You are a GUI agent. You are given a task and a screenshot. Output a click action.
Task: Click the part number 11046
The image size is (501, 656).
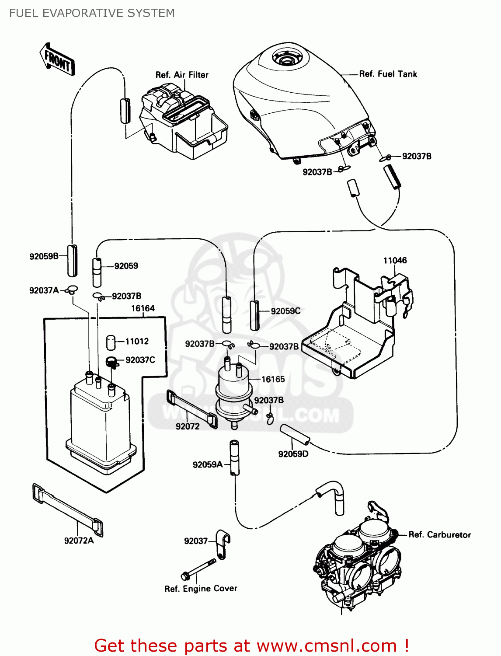click(395, 261)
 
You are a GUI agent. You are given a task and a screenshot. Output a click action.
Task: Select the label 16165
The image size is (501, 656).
click(273, 379)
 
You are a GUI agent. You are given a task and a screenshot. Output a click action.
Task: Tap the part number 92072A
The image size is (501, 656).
click(79, 541)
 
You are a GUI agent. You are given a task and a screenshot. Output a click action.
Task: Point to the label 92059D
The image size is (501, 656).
click(293, 454)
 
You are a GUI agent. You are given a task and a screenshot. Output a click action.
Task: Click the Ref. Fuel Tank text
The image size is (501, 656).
click(388, 74)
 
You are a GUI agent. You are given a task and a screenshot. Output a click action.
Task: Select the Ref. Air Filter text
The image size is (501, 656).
click(182, 75)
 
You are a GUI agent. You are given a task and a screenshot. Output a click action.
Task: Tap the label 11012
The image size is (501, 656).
click(137, 341)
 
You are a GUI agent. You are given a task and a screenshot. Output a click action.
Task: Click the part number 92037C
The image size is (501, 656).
click(140, 360)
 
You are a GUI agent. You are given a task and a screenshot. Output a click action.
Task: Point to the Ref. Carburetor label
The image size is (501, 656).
click(439, 534)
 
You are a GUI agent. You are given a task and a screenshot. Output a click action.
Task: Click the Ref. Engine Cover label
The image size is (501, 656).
click(201, 589)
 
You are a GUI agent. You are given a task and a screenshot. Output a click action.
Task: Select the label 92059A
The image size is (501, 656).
click(208, 464)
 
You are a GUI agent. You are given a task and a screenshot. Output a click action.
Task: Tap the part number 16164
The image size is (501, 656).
click(143, 308)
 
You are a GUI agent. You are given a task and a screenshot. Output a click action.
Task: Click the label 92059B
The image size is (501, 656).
click(44, 256)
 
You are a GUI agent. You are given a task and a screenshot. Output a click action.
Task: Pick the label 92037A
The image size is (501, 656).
click(44, 290)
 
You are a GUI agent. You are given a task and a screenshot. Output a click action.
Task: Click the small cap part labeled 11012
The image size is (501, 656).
click(111, 342)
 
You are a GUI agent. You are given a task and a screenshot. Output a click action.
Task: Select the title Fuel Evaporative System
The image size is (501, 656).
click(92, 13)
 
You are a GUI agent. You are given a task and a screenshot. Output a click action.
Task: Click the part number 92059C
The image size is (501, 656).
click(285, 311)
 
